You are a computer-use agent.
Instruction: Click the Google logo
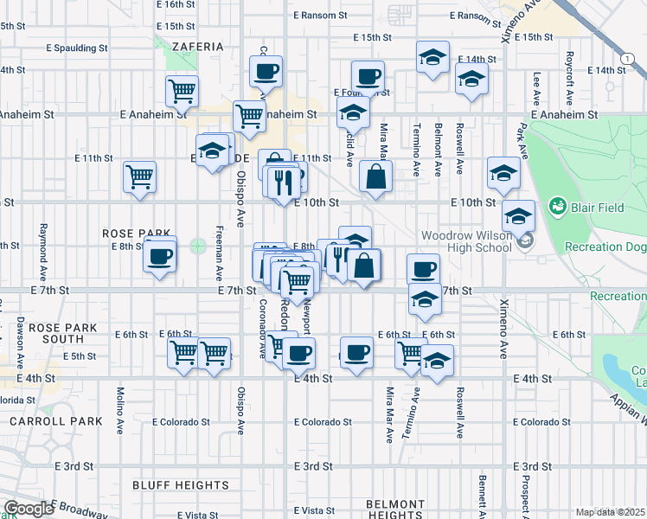tap(29, 509)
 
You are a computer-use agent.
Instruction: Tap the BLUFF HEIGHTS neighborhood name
tap(180, 485)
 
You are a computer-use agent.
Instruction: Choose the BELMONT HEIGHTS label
tap(394, 509)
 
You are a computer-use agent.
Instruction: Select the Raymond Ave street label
tap(42, 252)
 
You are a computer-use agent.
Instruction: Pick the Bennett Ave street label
tap(481, 493)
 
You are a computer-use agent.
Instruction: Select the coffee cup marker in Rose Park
tap(160, 256)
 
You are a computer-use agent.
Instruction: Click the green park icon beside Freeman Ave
tap(198, 247)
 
